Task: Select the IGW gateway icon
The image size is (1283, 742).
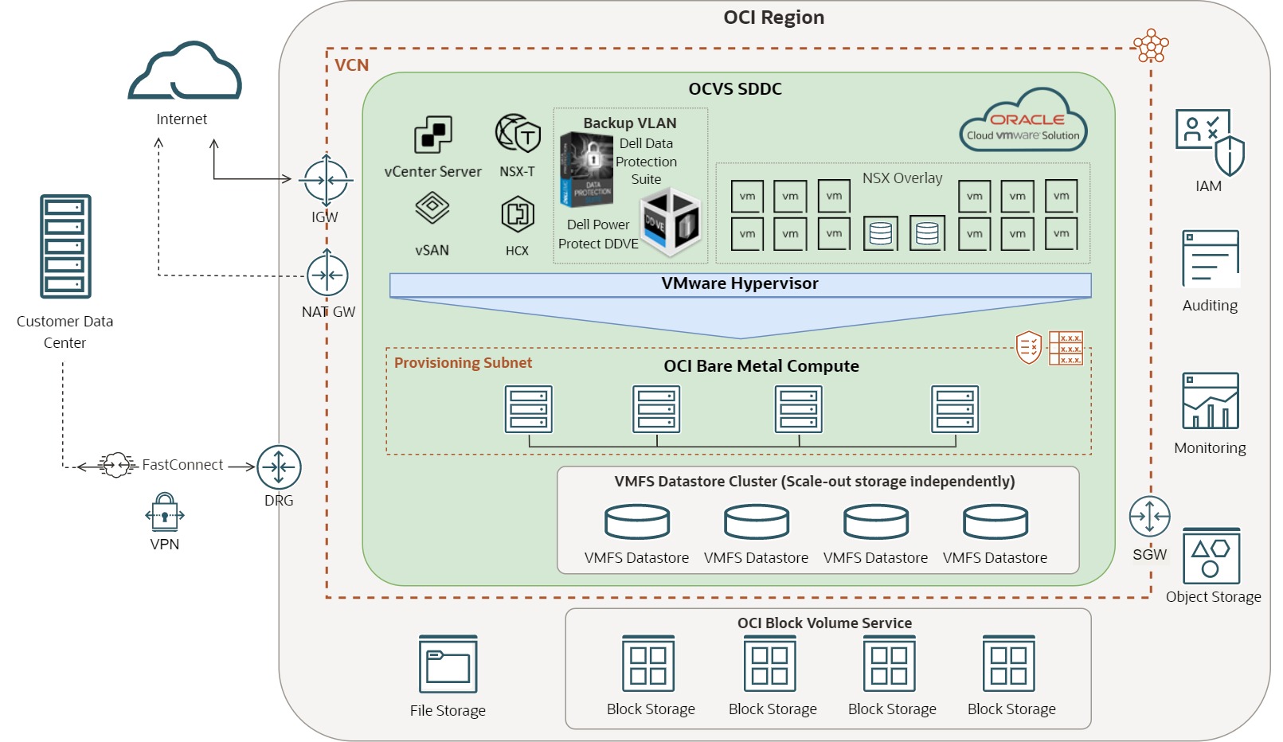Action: pyautogui.click(x=326, y=180)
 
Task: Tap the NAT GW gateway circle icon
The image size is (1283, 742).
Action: pyautogui.click(x=327, y=275)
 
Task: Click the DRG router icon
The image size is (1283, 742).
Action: pyautogui.click(x=279, y=467)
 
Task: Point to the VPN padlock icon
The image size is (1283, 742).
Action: pyautogui.click(x=165, y=513)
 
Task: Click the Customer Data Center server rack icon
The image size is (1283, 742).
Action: pyautogui.click(x=65, y=246)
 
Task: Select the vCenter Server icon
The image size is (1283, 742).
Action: pyautogui.click(x=432, y=135)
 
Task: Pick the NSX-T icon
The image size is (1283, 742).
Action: pyautogui.click(x=518, y=134)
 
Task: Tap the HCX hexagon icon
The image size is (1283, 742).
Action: pyautogui.click(x=517, y=214)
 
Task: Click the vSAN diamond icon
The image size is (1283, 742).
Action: pyautogui.click(x=432, y=209)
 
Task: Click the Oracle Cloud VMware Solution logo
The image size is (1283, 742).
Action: pyautogui.click(x=1023, y=122)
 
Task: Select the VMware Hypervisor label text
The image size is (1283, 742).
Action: pyautogui.click(x=739, y=283)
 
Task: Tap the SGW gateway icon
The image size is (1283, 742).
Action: pyautogui.click(x=1149, y=517)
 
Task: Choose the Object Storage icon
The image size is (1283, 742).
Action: pyautogui.click(x=1211, y=556)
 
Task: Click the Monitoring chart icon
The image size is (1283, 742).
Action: pyautogui.click(x=1210, y=401)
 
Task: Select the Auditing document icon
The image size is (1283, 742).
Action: pyautogui.click(x=1210, y=259)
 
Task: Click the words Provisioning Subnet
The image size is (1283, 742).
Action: pyautogui.click(x=463, y=363)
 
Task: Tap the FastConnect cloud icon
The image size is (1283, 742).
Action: pyautogui.click(x=116, y=465)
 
